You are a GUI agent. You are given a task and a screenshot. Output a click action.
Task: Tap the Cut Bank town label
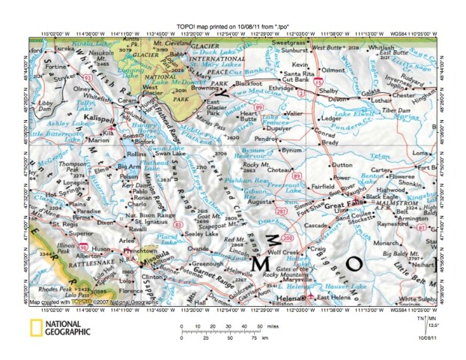[294, 78]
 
